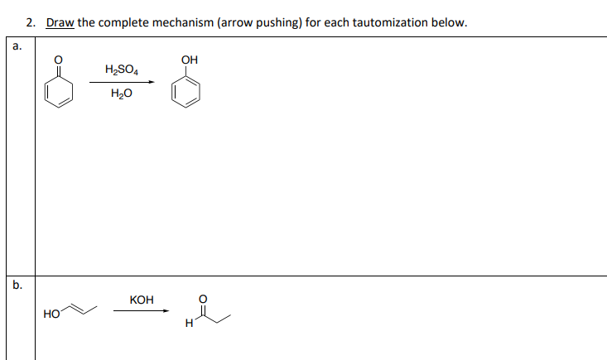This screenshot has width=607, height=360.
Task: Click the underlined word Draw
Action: pyautogui.click(x=60, y=22)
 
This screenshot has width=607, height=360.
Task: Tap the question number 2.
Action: pyautogui.click(x=31, y=22)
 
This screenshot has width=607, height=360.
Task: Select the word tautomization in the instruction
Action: pyautogui.click(x=390, y=22)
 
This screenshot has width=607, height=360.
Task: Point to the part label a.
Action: pyautogui.click(x=17, y=46)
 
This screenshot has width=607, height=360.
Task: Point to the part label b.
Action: pyautogui.click(x=17, y=285)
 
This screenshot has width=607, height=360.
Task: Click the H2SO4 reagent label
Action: pyautogui.click(x=122, y=70)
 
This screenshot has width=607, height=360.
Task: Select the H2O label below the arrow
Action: pyautogui.click(x=122, y=94)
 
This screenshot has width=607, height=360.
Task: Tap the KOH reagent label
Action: pyautogui.click(x=142, y=300)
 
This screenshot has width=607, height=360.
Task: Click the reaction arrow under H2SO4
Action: pyautogui.click(x=122, y=82)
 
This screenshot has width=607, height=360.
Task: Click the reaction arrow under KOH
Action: pyautogui.click(x=142, y=310)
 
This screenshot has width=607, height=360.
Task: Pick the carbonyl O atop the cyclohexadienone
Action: pyautogui.click(x=58, y=60)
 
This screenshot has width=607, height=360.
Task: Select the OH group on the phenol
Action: pyautogui.click(x=190, y=60)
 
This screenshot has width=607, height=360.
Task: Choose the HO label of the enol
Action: pyautogui.click(x=51, y=314)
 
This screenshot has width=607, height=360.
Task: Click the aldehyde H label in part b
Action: pyautogui.click(x=190, y=323)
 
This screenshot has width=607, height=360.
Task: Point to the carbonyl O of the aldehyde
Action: pyautogui.click(x=203, y=299)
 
